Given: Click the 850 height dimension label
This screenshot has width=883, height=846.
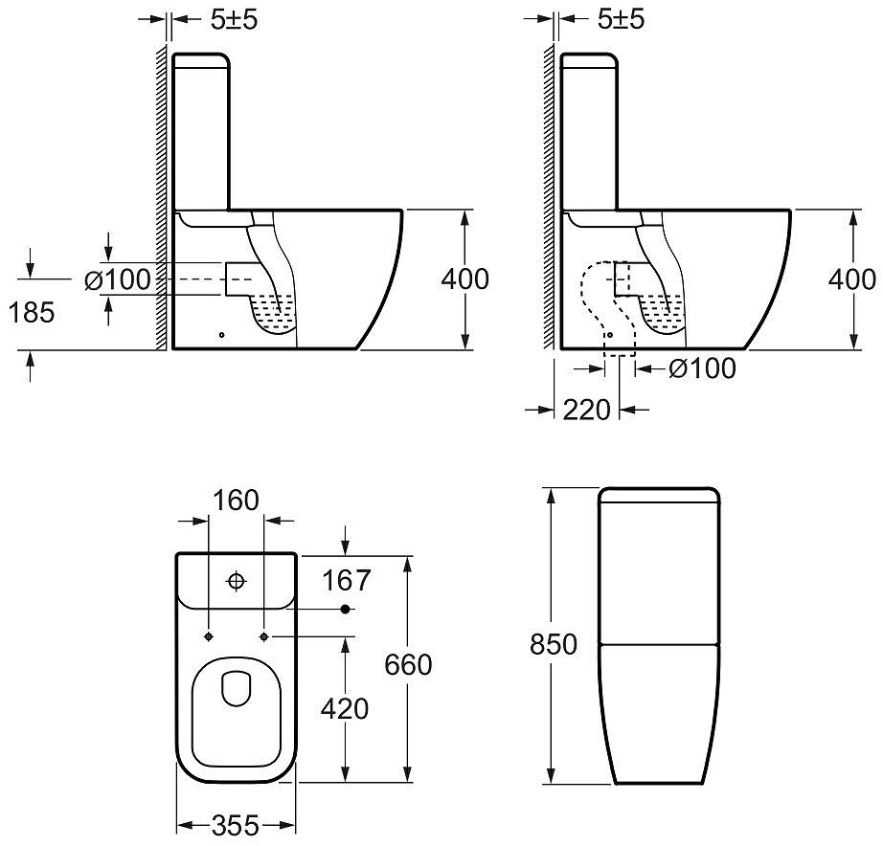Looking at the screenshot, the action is point(553,644).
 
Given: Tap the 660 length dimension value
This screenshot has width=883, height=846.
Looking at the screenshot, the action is point(408,665).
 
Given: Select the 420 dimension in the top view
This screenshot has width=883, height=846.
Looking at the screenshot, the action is point(345,708).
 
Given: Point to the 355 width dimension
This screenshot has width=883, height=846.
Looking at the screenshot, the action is point(236,826).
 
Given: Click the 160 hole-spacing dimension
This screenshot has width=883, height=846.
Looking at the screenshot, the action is point(236,501).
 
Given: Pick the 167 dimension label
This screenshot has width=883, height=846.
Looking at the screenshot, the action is point(347,580).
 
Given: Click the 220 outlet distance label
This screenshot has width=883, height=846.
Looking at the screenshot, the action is point(587,410).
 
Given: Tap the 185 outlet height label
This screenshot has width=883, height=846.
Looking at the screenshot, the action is point(32,312).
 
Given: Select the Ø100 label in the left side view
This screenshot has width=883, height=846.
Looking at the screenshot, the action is point(118,279).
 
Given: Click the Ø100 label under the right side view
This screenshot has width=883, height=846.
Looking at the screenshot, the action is point(702,368).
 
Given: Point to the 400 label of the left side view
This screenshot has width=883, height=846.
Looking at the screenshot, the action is point(465,279).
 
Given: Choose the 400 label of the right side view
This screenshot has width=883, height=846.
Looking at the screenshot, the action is point(852,279).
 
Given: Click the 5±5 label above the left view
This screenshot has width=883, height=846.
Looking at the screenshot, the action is point(234,20).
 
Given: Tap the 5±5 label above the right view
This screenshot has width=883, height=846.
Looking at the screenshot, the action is point(621,20).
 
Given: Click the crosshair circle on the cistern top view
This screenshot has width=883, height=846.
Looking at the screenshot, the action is point(236,580).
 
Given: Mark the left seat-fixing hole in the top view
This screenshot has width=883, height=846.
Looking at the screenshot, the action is point(209,636).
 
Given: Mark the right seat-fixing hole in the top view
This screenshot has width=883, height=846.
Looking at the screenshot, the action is point(263,636).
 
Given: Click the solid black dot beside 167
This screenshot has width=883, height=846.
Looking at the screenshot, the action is point(346,609).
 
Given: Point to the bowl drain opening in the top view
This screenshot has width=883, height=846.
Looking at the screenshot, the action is point(236,688).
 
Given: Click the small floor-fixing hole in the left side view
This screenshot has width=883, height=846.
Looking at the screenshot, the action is point(221,335).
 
